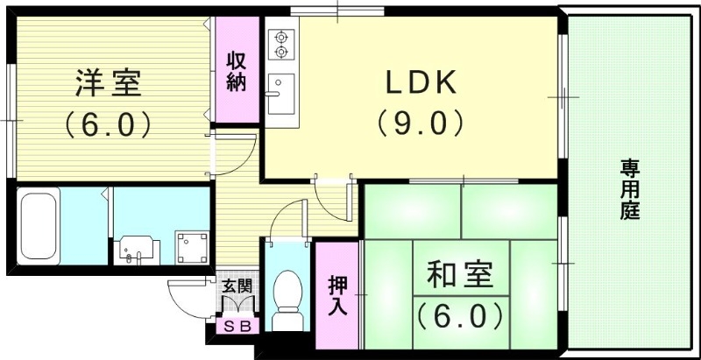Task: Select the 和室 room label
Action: point(460,275)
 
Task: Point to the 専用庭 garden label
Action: point(629,189)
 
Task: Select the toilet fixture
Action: point(287,293)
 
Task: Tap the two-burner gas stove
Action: point(282,44)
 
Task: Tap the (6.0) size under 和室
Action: point(460,313)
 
